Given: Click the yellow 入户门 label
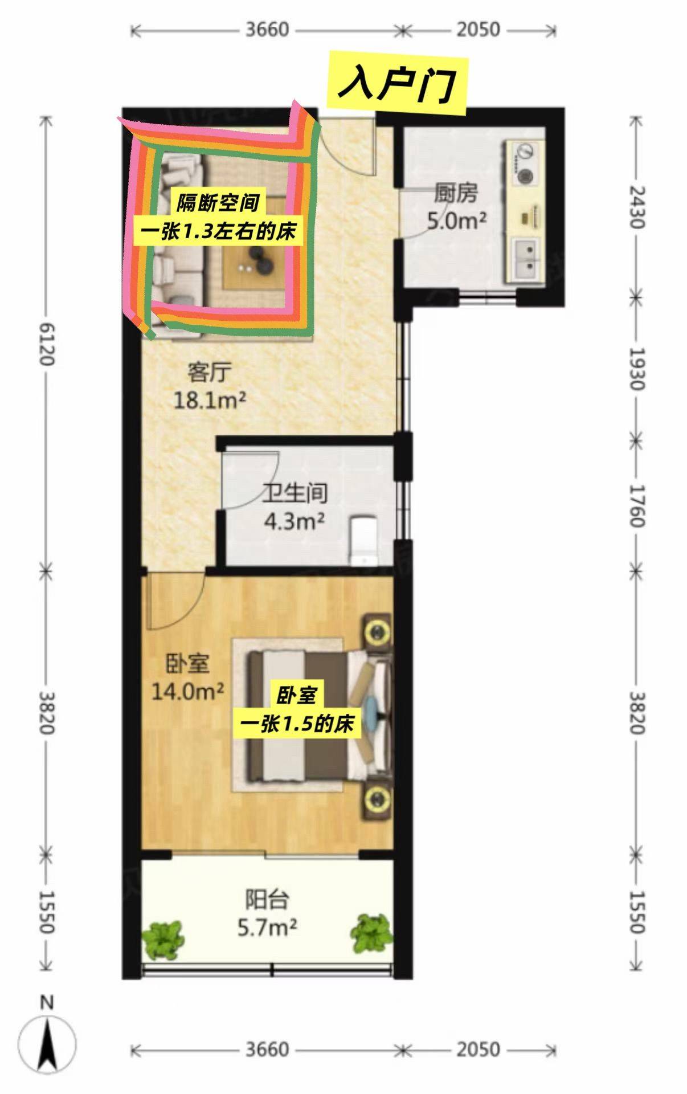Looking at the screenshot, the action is click(x=397, y=85).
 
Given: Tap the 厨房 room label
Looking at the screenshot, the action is click(x=455, y=194).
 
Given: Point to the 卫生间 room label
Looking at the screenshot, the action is click(x=295, y=493).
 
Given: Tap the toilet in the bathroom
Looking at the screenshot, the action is click(x=363, y=539).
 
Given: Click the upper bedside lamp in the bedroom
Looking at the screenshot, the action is click(x=377, y=631).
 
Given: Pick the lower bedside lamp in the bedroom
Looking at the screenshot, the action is click(x=377, y=798).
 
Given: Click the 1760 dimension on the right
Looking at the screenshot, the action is click(x=637, y=506).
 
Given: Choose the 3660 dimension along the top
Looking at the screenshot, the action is click(x=267, y=30).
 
